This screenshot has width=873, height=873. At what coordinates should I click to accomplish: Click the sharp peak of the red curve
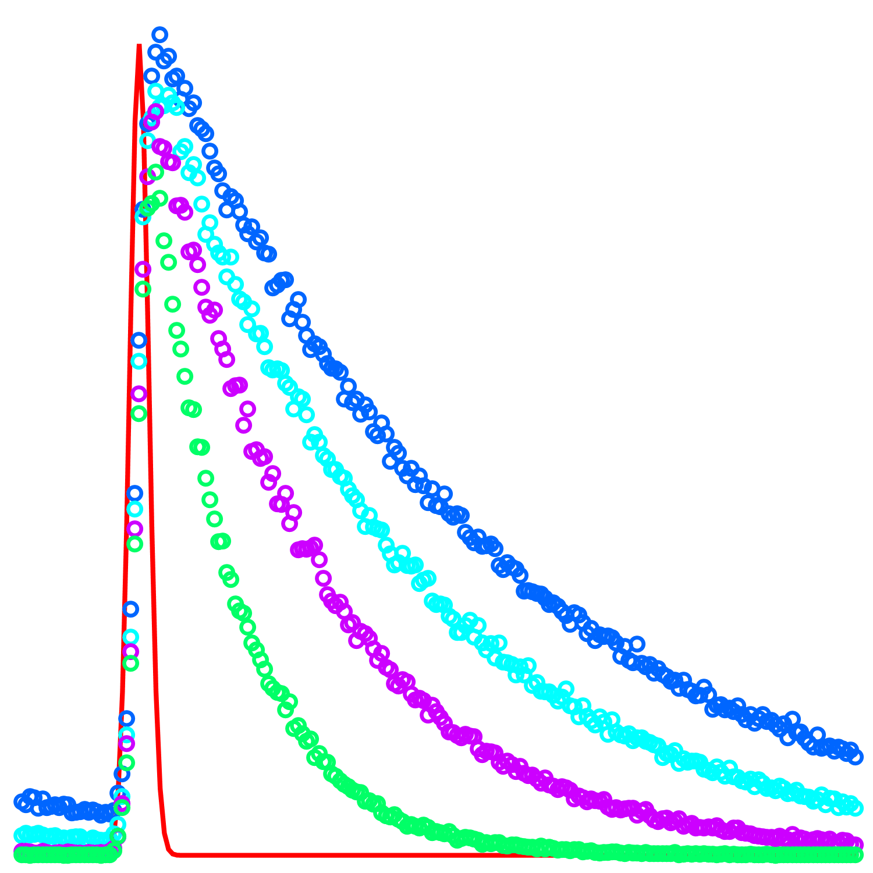click(x=139, y=45)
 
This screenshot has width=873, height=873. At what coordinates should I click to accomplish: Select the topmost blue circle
click(x=160, y=34)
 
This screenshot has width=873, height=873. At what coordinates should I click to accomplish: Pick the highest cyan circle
click(x=155, y=91)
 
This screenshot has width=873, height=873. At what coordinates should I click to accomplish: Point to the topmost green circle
click(x=155, y=172)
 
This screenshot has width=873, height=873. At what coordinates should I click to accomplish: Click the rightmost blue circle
click(x=855, y=757)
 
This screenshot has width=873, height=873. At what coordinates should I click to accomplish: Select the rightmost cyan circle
click(x=855, y=807)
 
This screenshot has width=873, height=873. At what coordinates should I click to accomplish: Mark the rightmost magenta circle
click(x=855, y=844)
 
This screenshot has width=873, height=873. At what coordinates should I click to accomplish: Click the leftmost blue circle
click(x=20, y=802)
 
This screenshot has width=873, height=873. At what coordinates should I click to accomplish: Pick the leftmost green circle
click(x=20, y=854)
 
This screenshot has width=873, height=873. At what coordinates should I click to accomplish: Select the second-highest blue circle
click(x=155, y=52)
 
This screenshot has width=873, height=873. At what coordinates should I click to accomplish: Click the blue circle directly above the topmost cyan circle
click(x=151, y=76)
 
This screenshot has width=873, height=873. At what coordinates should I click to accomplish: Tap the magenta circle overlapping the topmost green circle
click(x=148, y=176)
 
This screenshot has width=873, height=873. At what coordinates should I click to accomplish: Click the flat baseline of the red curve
click(x=349, y=855)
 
